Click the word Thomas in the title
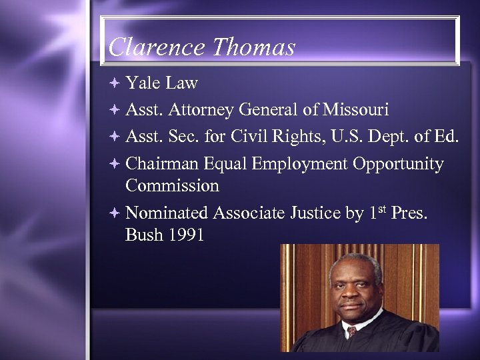point(254,47)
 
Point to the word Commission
point(172,185)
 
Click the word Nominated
point(167,213)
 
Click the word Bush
point(142,235)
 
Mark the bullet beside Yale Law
point(115,83)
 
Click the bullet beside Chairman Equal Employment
point(115,164)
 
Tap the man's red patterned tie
point(351,331)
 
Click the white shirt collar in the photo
point(364,321)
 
